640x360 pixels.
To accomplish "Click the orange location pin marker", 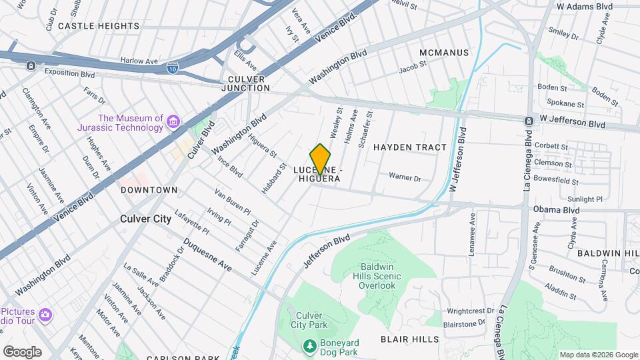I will (320, 159).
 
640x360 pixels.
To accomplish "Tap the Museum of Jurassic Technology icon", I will (173, 121).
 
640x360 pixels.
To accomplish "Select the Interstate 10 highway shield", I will (173, 68).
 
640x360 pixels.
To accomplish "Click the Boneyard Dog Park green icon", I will (309, 346).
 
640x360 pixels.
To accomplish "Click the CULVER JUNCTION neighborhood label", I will (243, 83).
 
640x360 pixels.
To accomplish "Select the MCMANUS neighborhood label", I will (445, 53).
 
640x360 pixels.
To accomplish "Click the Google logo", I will (21, 351).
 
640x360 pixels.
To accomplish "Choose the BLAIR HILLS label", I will (409, 339).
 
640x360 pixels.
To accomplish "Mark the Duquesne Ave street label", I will (208, 255).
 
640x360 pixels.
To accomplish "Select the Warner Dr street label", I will (405, 178).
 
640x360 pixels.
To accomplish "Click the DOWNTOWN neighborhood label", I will (149, 190).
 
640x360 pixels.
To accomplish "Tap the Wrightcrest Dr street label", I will (471, 311).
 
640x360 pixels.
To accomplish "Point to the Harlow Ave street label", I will (138, 60).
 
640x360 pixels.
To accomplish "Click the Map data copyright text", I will (599, 355).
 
